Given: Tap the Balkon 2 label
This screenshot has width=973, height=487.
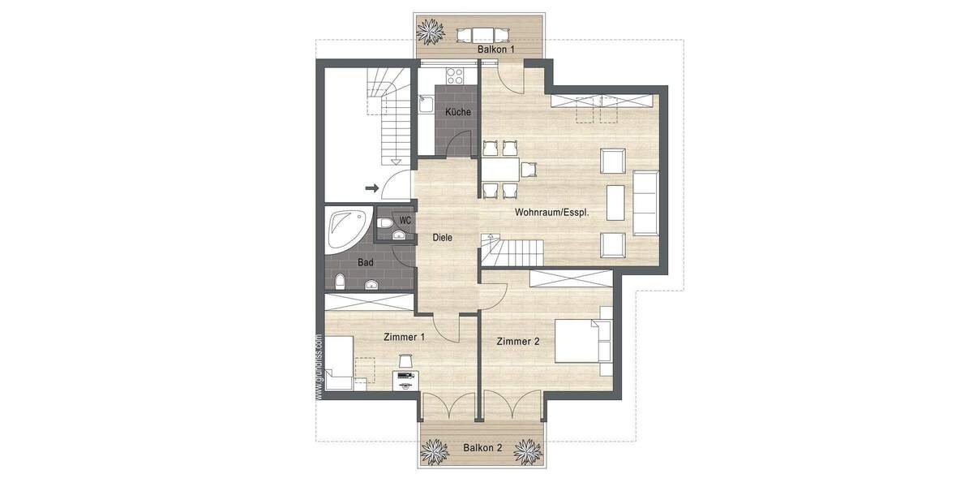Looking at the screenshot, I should (x=482, y=447).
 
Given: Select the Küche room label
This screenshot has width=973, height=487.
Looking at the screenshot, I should (x=457, y=113).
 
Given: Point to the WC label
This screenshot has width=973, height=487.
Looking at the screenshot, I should (x=405, y=220).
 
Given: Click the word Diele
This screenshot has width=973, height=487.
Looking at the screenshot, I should (x=442, y=238).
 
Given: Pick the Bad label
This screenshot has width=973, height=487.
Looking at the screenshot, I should (x=366, y=263).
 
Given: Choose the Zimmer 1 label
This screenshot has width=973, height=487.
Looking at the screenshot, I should (x=405, y=337).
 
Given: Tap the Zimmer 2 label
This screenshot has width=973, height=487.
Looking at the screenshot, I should (x=518, y=342).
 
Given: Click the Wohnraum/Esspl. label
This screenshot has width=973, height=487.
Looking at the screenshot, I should (x=551, y=213).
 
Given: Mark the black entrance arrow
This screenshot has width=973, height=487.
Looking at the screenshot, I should (x=372, y=188).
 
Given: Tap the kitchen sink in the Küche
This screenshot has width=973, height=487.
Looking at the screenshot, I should (x=426, y=104).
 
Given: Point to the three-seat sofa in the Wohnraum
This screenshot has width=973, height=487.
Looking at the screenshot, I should (x=646, y=202).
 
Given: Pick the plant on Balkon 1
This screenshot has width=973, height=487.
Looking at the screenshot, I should (x=431, y=32).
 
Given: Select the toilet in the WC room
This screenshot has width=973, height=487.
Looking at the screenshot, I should (x=386, y=220).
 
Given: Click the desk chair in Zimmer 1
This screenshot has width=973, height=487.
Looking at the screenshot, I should (x=404, y=360).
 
